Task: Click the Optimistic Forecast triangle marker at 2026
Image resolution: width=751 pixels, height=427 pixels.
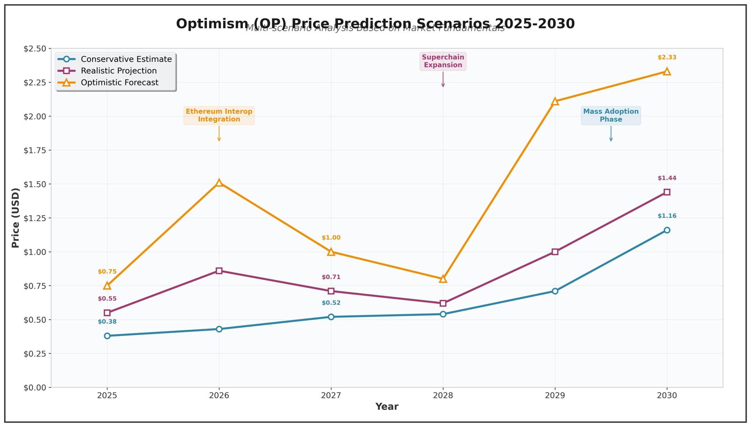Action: click(219, 183)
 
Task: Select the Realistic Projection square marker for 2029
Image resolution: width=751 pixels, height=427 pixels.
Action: click(555, 252)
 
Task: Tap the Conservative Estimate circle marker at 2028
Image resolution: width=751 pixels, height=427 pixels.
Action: click(443, 314)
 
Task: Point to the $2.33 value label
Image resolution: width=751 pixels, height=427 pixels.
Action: click(667, 57)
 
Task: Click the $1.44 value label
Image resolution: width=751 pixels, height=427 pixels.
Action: click(667, 178)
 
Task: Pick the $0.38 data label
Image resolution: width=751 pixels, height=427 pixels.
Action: click(107, 322)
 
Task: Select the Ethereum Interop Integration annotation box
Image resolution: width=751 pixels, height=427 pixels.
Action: click(219, 115)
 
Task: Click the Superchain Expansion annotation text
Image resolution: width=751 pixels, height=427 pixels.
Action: click(443, 61)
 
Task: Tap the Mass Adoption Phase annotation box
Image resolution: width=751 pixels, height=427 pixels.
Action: click(611, 115)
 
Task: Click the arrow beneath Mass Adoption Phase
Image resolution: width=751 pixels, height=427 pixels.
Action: click(611, 134)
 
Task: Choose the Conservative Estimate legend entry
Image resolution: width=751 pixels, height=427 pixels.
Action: click(126, 59)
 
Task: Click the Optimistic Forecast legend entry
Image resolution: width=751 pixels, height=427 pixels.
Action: click(119, 83)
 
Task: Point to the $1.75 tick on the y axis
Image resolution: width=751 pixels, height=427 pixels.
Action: click(35, 150)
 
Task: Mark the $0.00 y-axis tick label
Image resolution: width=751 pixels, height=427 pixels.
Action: click(35, 388)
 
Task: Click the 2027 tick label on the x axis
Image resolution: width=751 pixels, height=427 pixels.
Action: click(331, 396)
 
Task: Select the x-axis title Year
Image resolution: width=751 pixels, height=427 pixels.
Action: click(387, 407)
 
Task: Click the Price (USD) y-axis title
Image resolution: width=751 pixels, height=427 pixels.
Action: click(16, 217)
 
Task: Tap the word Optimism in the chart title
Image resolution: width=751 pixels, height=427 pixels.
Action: click(212, 23)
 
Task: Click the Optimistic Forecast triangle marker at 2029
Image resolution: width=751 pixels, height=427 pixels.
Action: click(555, 101)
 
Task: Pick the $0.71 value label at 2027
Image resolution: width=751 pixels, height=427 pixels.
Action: click(331, 277)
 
